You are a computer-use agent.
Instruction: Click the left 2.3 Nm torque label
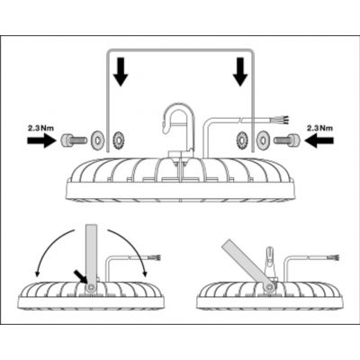click(x=40, y=129)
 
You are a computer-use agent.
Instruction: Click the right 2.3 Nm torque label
click(x=319, y=129)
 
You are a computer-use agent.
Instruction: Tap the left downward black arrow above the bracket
click(x=121, y=72)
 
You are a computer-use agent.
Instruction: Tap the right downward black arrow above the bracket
click(x=240, y=72)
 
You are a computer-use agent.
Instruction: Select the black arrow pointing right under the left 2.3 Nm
click(x=40, y=140)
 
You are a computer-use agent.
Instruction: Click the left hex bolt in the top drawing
click(x=74, y=139)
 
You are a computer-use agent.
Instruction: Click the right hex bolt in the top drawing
click(x=286, y=139)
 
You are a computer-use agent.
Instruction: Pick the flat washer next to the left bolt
click(x=96, y=139)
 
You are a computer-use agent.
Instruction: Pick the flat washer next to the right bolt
click(x=264, y=139)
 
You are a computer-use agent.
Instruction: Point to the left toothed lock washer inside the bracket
click(x=118, y=139)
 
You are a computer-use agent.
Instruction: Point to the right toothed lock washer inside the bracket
click(x=242, y=139)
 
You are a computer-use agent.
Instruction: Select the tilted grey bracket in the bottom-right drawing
click(x=246, y=264)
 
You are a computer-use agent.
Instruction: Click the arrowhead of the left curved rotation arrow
click(x=38, y=273)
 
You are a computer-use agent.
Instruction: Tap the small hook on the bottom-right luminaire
click(x=270, y=258)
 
